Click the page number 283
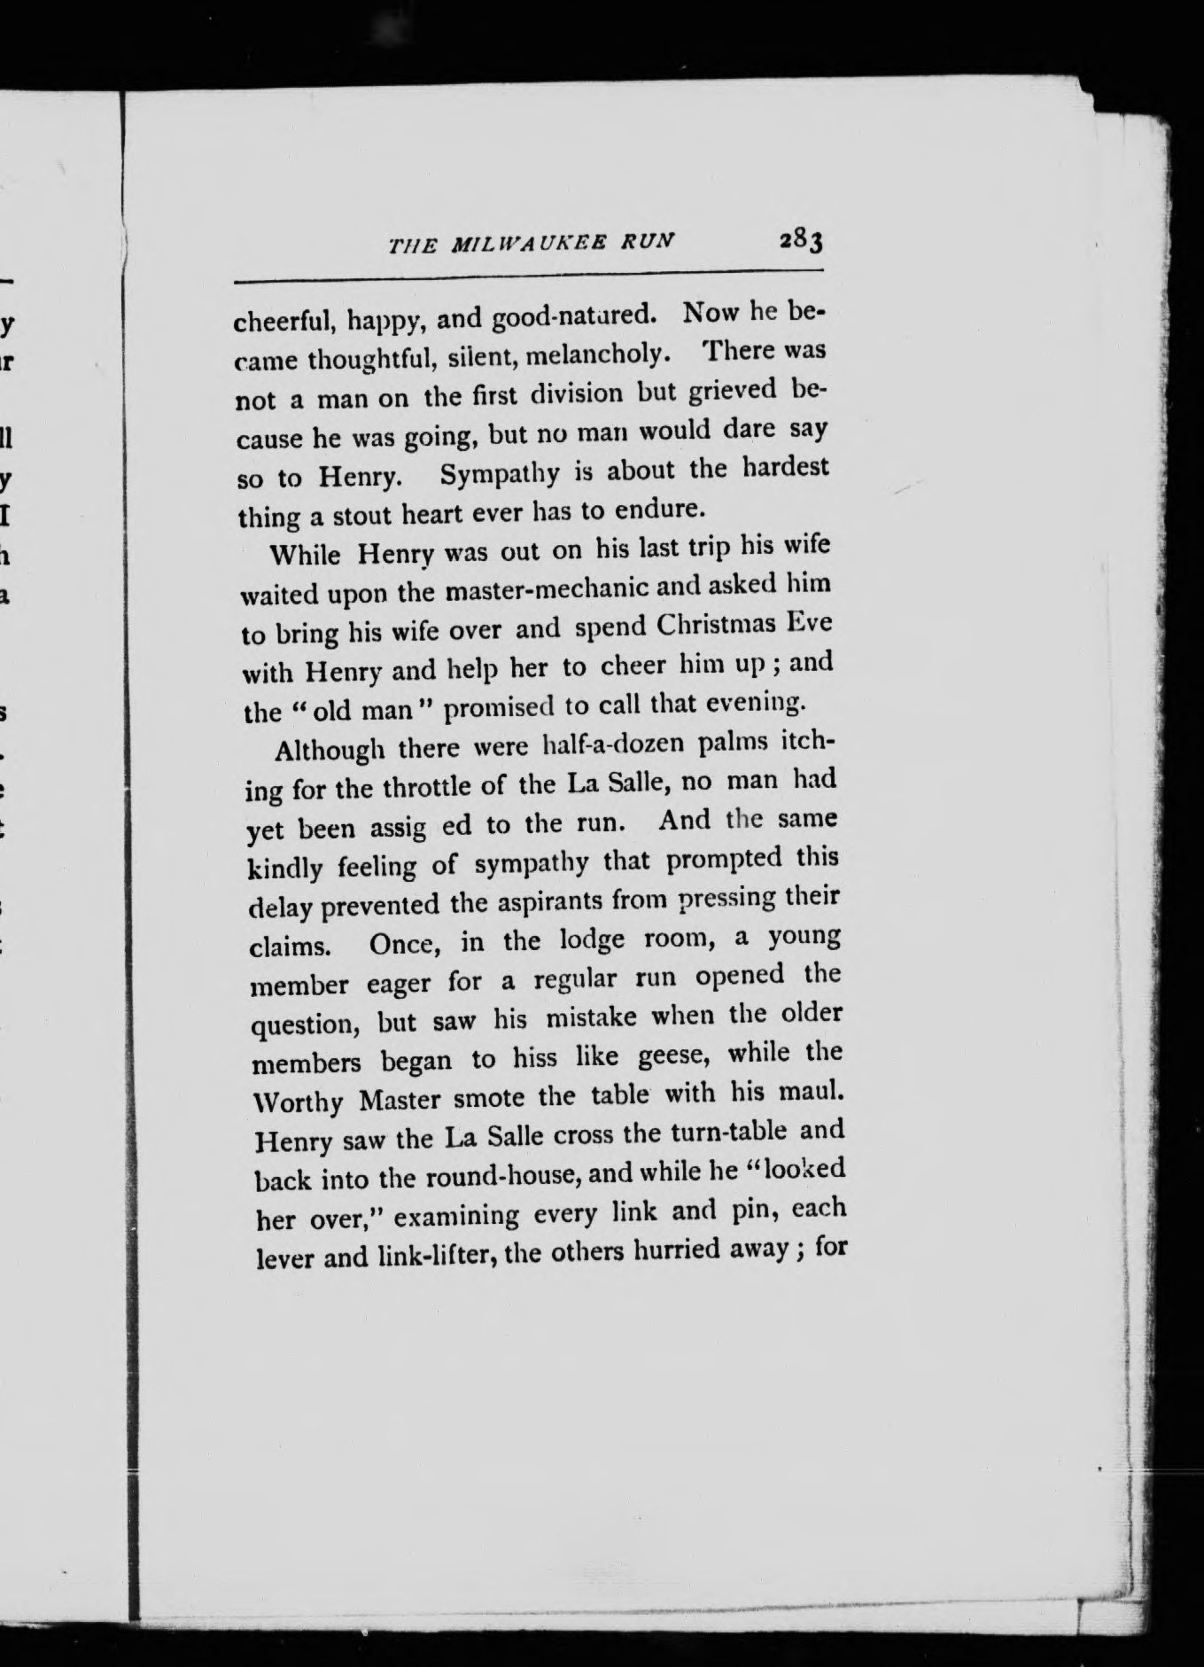tap(803, 240)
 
